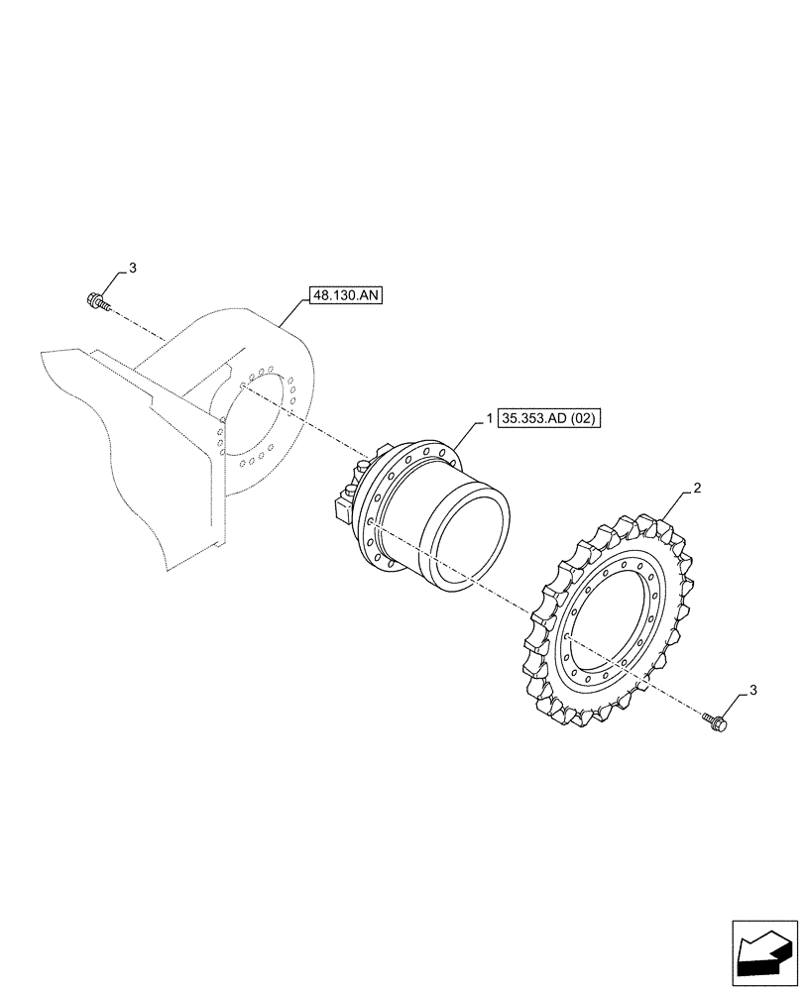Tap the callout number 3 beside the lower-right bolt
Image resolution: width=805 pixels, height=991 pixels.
756,690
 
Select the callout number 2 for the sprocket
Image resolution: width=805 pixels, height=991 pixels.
698,488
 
